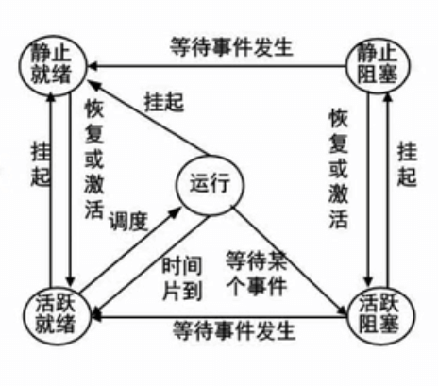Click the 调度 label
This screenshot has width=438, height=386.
coord(128,221)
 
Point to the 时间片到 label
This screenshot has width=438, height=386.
coord(182,278)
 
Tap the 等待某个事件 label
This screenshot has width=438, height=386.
coord(257,273)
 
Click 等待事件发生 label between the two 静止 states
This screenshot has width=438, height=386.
coord(231,47)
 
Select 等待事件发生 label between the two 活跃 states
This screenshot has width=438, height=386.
coord(234,330)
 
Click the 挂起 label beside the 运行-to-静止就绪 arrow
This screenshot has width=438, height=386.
coord(164,102)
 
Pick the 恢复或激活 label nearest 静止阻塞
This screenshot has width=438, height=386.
coord(339,168)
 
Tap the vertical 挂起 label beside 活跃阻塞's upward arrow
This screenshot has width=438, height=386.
coord(407,164)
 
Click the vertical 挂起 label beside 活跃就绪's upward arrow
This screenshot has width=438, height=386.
coord(41,164)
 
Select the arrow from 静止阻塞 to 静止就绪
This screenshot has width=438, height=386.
coord(216,66)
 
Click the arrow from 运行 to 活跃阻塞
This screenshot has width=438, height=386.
coord(289,260)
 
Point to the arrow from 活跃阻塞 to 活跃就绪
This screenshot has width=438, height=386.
coord(219,316)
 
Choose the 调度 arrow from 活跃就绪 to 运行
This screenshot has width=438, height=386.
coord(130,249)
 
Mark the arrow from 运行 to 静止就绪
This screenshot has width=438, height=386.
coord(147,118)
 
